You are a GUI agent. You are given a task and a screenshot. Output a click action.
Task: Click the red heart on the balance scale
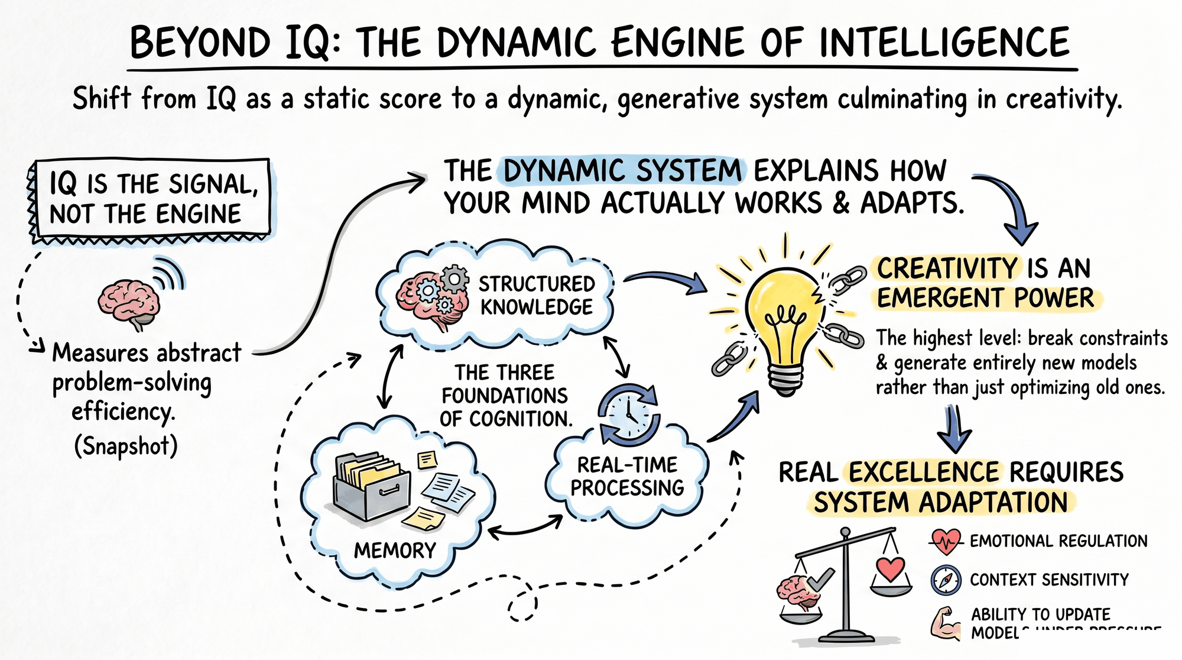tap(890, 569)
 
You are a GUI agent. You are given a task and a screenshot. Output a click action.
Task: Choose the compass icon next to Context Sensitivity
tap(946, 580)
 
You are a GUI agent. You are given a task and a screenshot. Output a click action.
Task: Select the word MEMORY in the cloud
tap(394, 551)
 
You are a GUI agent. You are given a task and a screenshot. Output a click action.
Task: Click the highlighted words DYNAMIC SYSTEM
tap(622, 171)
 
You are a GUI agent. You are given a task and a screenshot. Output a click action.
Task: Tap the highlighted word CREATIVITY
tap(947, 268)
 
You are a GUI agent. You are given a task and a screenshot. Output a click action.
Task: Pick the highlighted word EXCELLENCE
tap(923, 472)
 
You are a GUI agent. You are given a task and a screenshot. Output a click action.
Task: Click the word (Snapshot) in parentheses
tap(125, 446)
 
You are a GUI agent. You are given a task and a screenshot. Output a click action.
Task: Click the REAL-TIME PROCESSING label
tap(627, 476)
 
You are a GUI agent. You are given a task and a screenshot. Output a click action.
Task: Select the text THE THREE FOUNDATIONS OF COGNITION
tap(505, 396)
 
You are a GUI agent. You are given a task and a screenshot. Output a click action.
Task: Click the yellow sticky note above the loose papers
tap(427, 460)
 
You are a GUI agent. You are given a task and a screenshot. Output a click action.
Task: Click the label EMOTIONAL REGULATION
tap(1058, 541)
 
